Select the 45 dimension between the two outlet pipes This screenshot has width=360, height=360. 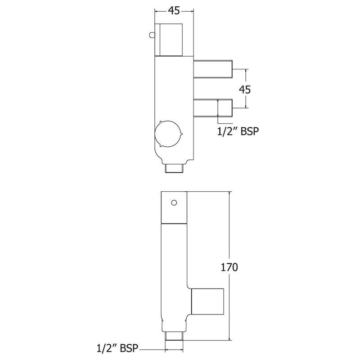[244, 89]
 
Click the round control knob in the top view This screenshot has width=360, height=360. [167, 135]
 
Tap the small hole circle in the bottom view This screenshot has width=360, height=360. [173, 202]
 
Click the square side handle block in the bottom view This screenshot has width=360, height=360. [207, 301]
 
